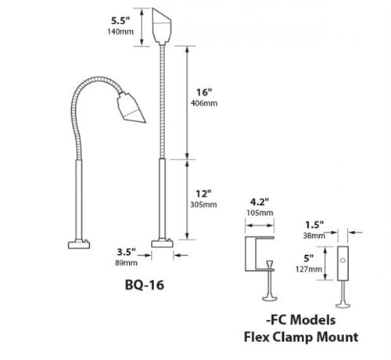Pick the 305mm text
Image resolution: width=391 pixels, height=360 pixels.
tap(206, 203)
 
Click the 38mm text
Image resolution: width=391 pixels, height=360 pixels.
tap(314, 234)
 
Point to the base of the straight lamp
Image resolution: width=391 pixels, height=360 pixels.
tap(162, 245)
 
